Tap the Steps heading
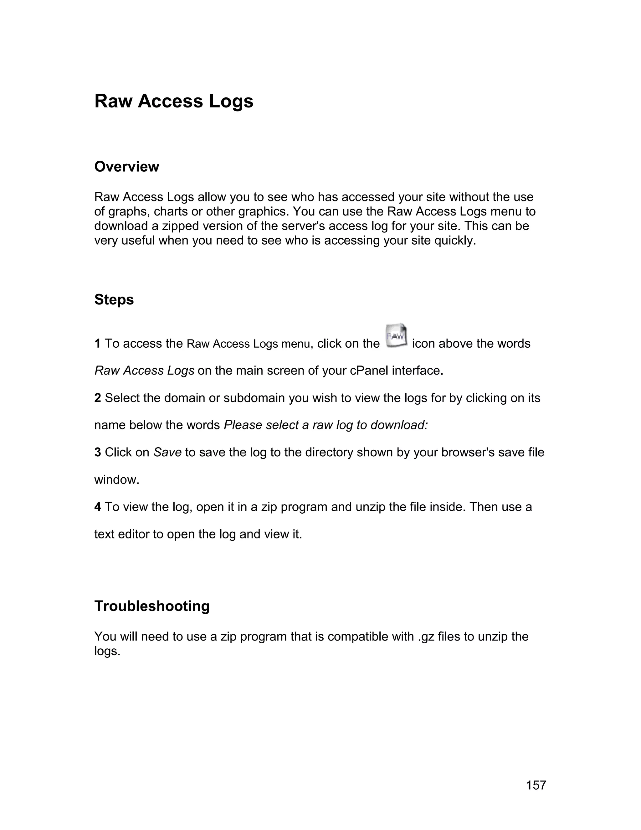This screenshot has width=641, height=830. click(x=114, y=300)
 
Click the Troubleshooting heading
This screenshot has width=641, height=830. click(x=152, y=606)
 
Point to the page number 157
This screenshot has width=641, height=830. click(x=536, y=785)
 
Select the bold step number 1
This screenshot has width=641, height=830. click(x=98, y=344)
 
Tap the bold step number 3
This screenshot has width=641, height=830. click(x=98, y=452)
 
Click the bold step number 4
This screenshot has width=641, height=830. click(x=98, y=507)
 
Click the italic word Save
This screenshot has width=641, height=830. click(x=167, y=452)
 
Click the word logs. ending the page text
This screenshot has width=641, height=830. click(x=107, y=651)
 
